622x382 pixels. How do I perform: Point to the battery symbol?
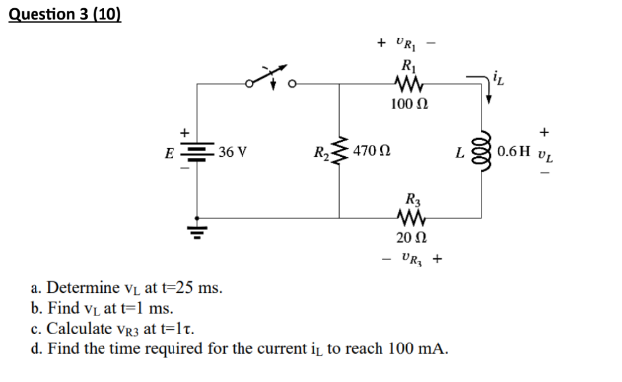coord(199,152)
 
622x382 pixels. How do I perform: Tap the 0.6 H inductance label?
coord(515,152)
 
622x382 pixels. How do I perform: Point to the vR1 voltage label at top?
coord(407,42)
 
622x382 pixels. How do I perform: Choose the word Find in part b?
coord(64,309)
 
